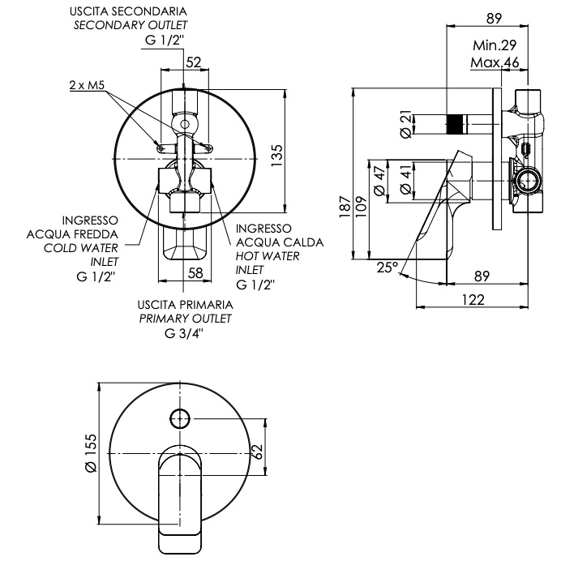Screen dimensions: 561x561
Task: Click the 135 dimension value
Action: point(277,155)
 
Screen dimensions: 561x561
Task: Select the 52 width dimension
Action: point(194,62)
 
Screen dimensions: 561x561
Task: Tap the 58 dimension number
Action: point(195,273)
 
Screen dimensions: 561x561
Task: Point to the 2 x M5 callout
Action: point(87,85)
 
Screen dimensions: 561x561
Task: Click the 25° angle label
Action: point(388,268)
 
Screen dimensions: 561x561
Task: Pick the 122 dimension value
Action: point(473,299)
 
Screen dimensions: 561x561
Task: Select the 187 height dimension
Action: point(345,207)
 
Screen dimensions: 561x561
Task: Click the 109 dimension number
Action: point(362,207)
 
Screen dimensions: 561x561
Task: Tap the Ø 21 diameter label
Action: point(405,124)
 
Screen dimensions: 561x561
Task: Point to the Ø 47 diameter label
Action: point(379,180)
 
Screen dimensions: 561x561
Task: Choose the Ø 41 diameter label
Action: point(405,180)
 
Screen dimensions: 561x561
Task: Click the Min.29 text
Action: point(495,45)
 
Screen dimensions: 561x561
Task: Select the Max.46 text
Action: point(495,62)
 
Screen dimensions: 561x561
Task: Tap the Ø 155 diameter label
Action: point(92,453)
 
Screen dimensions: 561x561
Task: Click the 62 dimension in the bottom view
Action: point(257,452)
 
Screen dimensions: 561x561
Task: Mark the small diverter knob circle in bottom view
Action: point(180,418)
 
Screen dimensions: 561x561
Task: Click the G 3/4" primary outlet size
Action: point(184,333)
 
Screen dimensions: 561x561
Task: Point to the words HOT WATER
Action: point(268,256)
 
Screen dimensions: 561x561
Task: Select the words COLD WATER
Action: point(81,248)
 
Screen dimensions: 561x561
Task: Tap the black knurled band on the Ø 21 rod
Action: point(453,124)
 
